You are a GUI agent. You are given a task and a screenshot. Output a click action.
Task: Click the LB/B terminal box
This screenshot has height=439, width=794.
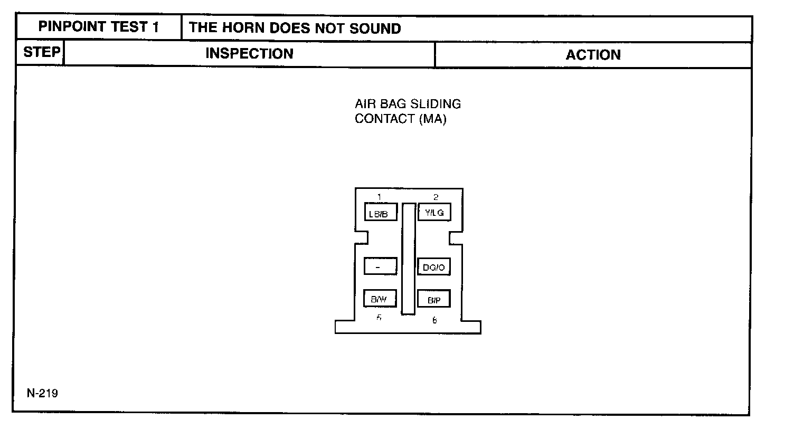point(380,213)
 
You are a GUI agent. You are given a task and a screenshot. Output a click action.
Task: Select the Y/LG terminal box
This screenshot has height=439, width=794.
point(434,212)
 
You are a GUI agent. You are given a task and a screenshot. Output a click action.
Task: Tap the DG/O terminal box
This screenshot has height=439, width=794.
point(433,267)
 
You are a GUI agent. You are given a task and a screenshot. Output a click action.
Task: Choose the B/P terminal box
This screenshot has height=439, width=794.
point(433,299)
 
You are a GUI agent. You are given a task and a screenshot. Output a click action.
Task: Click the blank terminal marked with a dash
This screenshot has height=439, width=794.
point(380,266)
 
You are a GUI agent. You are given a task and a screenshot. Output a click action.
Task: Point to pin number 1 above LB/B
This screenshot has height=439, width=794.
point(380,197)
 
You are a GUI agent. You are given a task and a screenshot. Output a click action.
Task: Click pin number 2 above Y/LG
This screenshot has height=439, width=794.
point(436,197)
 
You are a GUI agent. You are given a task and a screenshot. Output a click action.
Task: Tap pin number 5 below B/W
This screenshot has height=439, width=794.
point(379,318)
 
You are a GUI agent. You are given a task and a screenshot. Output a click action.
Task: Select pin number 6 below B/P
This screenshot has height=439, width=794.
point(434,320)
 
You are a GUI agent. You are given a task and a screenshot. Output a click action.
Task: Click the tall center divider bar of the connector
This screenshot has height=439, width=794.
point(408,259)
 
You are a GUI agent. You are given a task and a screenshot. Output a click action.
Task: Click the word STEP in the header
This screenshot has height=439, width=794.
point(41,53)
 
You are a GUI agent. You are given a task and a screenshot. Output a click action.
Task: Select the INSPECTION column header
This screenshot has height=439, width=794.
point(249,54)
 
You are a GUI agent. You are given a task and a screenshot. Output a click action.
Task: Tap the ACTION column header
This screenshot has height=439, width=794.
point(593,55)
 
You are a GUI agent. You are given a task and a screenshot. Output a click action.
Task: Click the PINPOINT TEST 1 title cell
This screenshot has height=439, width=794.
point(99,27)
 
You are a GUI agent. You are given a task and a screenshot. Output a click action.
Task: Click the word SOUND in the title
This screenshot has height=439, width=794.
point(375,28)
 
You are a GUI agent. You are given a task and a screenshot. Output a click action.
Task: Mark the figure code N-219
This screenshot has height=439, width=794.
point(43,393)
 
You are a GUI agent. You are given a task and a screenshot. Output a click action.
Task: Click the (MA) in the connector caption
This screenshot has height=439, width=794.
point(432,119)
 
